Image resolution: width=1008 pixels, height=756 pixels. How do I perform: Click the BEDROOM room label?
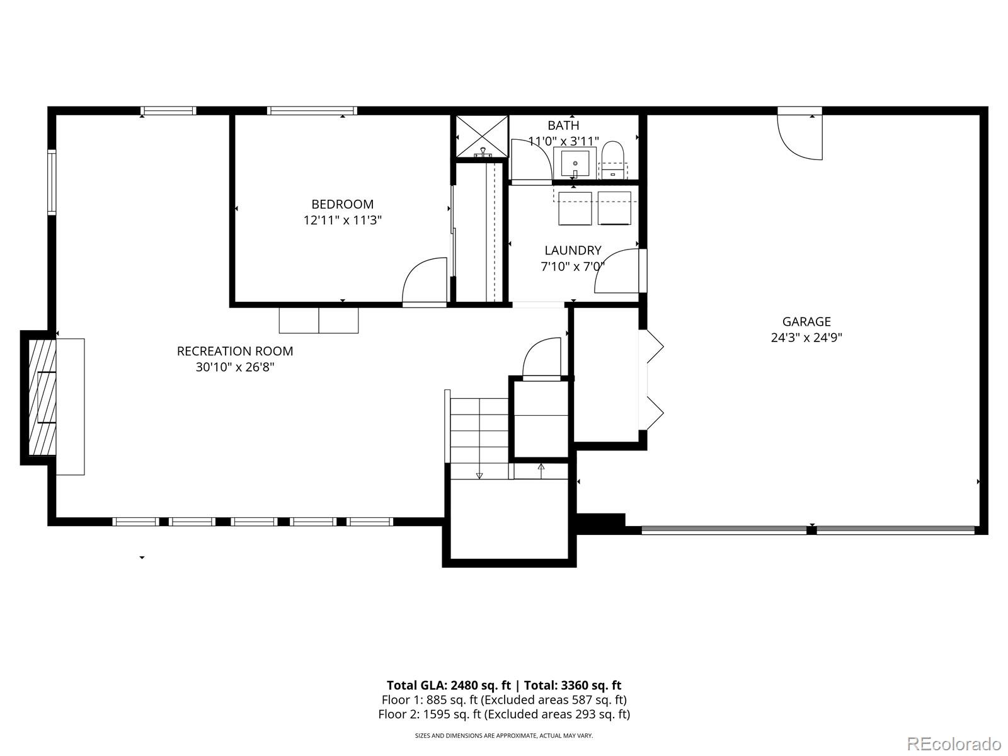point(342,204)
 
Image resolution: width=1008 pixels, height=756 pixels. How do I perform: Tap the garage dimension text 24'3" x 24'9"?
point(806,338)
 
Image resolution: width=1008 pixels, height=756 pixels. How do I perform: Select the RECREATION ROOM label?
point(235,351)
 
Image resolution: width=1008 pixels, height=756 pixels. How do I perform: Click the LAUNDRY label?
point(573,251)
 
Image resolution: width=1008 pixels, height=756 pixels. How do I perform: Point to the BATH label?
point(563,125)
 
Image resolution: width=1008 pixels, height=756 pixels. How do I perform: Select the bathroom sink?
point(575,163)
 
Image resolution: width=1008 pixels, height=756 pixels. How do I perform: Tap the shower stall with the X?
point(482,135)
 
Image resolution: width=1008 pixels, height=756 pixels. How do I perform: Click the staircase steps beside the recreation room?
point(479,431)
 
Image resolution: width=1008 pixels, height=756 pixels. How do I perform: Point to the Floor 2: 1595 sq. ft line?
point(503,714)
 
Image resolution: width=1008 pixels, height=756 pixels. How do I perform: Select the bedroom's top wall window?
point(312,111)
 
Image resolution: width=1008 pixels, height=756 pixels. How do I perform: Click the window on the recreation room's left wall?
point(52,182)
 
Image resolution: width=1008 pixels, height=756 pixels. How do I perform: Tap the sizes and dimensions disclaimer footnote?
point(503,735)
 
